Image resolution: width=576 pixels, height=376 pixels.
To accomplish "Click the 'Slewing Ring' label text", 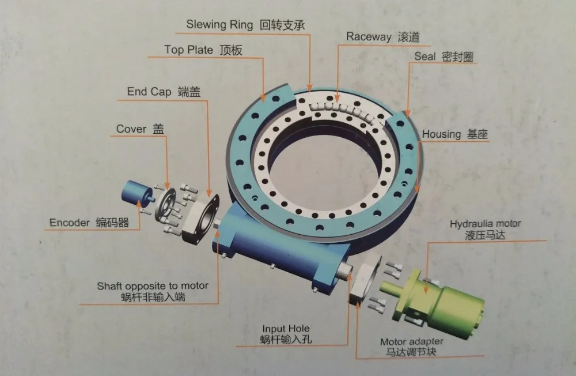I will [x=219, y=25].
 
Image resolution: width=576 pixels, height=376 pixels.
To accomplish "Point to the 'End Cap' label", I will [x=149, y=92].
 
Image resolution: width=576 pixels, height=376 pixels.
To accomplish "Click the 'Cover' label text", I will [x=131, y=129].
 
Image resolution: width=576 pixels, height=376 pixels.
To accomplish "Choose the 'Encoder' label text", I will [x=69, y=223].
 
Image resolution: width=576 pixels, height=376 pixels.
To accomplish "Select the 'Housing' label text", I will [x=441, y=134].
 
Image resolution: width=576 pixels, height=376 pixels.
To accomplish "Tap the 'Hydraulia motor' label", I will [x=485, y=224].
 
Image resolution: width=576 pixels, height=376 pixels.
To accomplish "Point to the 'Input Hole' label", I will [x=286, y=329].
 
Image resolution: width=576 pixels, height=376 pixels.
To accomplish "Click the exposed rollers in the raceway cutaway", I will [x=340, y=110].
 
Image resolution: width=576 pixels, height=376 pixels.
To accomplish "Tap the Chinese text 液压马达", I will [x=485, y=235].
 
